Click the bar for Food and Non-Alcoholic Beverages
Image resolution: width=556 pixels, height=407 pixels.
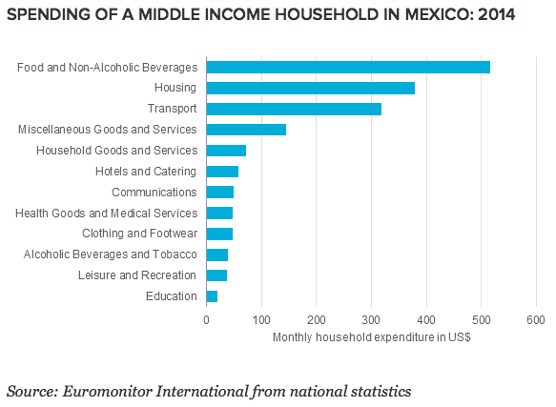tap(348, 68)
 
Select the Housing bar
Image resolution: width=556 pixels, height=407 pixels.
tap(311, 88)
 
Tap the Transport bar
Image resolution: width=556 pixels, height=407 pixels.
tap(294, 109)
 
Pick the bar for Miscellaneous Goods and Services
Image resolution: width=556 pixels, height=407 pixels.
tap(246, 130)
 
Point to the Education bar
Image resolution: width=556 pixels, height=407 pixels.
tap(212, 296)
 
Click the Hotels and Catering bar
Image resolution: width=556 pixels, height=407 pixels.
tap(222, 172)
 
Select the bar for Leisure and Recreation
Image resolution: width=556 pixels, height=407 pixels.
tap(216, 275)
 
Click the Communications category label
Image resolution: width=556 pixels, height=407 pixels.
tap(154, 193)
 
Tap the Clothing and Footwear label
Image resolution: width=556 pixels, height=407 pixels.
tap(139, 234)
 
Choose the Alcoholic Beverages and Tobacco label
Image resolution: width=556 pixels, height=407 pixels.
tap(111, 254)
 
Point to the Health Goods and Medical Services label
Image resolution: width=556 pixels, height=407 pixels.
tap(107, 214)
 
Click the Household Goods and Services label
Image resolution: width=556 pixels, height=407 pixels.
tap(116, 151)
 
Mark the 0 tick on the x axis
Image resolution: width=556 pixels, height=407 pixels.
tap(206, 320)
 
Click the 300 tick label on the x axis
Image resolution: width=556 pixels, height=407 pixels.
tap(371, 320)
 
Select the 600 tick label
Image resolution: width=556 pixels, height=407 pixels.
tap(536, 320)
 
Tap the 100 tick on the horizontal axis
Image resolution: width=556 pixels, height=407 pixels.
tap(261, 320)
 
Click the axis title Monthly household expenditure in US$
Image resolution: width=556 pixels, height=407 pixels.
tap(372, 337)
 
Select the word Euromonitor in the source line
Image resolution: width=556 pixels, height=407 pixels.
tap(108, 392)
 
